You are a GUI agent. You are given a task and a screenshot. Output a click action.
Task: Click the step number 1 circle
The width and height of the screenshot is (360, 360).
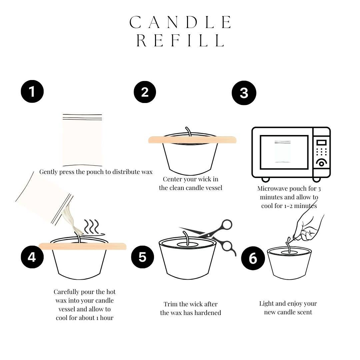(32, 91)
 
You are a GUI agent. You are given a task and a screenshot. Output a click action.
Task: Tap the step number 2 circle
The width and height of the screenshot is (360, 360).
(145, 92)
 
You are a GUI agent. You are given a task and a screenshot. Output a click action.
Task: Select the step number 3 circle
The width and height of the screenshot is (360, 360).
(244, 93)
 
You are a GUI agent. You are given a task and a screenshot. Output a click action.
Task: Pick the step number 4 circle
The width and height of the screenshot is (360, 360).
(32, 257)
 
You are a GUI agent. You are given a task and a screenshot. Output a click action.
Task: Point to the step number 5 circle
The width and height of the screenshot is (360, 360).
(142, 257)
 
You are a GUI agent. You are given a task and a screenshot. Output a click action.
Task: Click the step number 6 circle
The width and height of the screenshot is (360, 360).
(253, 258)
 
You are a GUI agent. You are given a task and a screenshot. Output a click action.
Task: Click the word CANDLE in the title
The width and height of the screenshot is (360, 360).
(180, 23)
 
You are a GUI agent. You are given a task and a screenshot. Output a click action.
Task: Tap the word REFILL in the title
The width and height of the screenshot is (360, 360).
(180, 41)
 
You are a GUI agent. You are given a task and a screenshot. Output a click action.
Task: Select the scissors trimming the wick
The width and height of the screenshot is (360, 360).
(213, 235)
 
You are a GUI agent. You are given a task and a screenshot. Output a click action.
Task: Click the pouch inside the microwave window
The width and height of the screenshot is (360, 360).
(282, 152)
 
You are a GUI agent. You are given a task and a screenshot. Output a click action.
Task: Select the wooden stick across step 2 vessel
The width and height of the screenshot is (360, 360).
(192, 140)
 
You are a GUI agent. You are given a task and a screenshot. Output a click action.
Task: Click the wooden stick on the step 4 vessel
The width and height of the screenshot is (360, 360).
(83, 246)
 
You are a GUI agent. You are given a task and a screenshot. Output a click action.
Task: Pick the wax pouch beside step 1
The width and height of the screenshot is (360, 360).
(82, 140)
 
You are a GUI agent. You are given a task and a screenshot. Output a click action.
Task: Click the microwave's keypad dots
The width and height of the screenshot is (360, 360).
(321, 152)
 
